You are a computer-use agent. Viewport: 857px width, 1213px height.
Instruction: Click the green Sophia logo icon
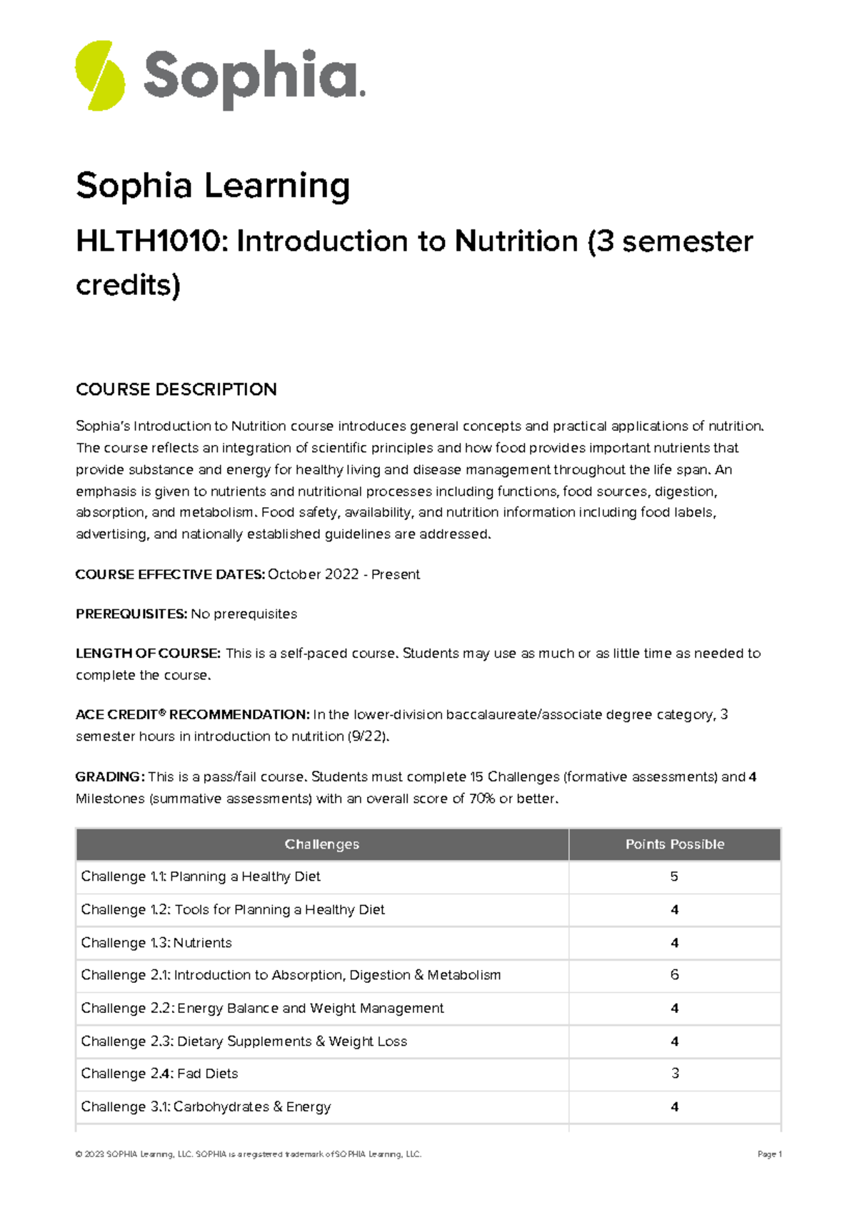(100, 76)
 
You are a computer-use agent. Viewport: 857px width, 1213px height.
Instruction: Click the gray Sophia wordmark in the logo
(254, 77)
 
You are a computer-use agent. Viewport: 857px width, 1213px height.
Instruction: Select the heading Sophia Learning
(213, 186)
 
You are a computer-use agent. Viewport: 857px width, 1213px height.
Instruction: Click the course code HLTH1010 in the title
(149, 241)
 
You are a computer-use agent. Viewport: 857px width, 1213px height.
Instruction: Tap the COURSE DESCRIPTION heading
(176, 389)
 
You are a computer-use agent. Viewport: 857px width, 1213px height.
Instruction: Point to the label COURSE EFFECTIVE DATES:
(170, 574)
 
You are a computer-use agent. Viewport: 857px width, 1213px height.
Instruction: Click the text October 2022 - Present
(344, 574)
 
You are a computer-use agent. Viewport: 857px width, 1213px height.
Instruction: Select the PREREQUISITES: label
(131, 614)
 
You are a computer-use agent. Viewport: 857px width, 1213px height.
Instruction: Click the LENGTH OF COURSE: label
(148, 653)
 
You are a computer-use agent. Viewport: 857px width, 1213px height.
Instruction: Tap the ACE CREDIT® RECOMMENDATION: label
(192, 714)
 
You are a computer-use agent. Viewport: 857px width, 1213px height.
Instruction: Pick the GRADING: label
(110, 777)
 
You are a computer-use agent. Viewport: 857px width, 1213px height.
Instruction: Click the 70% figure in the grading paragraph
(482, 799)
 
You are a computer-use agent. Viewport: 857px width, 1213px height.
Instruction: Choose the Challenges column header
(322, 844)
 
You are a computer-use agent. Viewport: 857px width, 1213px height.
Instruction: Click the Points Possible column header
(675, 844)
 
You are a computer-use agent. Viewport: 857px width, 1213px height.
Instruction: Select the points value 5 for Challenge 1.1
(674, 877)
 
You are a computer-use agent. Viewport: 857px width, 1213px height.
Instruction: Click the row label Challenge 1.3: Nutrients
(156, 942)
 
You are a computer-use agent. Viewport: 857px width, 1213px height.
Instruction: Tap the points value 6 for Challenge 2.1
(674, 975)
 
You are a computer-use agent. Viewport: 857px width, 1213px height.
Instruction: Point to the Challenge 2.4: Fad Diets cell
(159, 1074)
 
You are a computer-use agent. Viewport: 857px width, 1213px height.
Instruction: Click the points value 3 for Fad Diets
(675, 1074)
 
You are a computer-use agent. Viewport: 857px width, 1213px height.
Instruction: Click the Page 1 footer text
(769, 1154)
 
